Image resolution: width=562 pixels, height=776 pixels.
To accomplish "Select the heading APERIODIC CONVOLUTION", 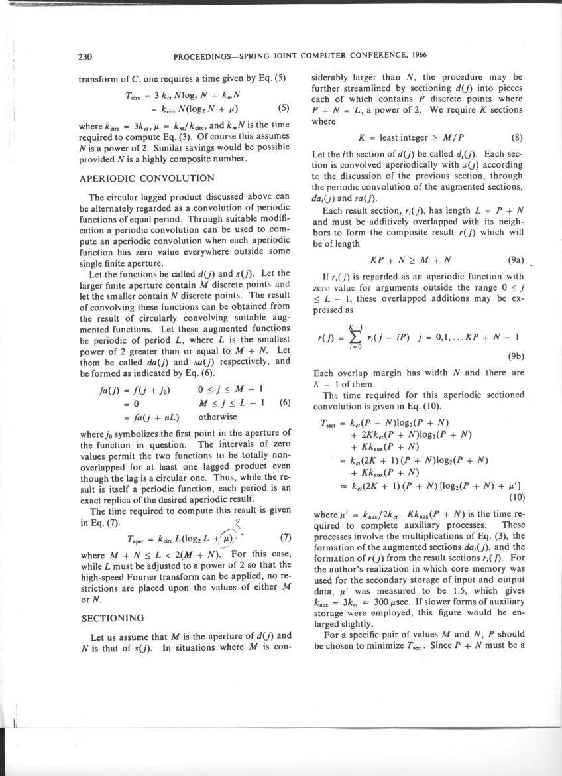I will [146, 178].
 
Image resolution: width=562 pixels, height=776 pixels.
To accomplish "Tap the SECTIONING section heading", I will [112, 617].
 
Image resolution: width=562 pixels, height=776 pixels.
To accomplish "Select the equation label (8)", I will [518, 139].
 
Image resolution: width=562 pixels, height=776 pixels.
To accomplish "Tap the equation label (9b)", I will [515, 356].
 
